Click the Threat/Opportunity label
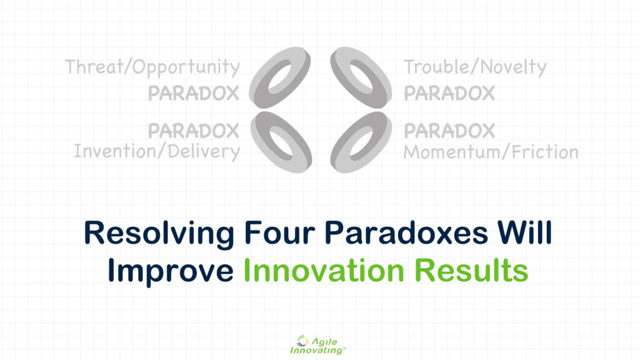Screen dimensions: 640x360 coord(152,67)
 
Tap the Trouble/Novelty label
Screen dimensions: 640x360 coord(475,67)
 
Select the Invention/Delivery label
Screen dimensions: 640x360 coord(157,151)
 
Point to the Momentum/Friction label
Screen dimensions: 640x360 coord(491,152)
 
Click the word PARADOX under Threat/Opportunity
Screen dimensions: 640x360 coord(194,94)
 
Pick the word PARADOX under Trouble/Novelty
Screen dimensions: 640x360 coord(449,94)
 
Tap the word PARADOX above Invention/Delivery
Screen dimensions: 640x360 coord(194,131)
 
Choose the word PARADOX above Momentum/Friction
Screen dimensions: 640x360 coord(449,131)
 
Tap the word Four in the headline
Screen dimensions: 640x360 coord(279,232)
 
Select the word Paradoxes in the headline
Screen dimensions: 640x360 coord(406,232)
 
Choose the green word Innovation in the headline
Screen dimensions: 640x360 coord(324,271)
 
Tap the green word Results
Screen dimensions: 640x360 coord(471,271)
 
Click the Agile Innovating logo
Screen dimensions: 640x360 coord(317,345)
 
